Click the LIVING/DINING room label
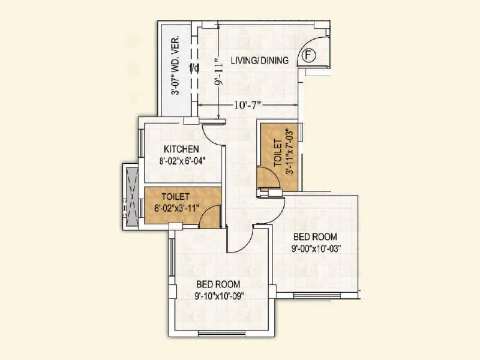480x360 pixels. pyautogui.click(x=262, y=60)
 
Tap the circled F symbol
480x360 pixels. pyautogui.click(x=308, y=56)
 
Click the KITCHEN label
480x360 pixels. pyautogui.click(x=182, y=149)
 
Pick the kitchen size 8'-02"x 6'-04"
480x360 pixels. pyautogui.click(x=183, y=160)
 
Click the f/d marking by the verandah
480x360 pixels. pyautogui.click(x=194, y=68)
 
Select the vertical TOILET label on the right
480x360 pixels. pyautogui.click(x=277, y=152)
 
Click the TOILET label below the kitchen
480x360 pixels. pyautogui.click(x=176, y=196)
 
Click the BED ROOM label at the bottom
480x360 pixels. pyautogui.click(x=218, y=284)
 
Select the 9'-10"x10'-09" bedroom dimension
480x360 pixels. pyautogui.click(x=220, y=295)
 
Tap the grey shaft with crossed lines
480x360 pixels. pyautogui.click(x=131, y=197)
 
